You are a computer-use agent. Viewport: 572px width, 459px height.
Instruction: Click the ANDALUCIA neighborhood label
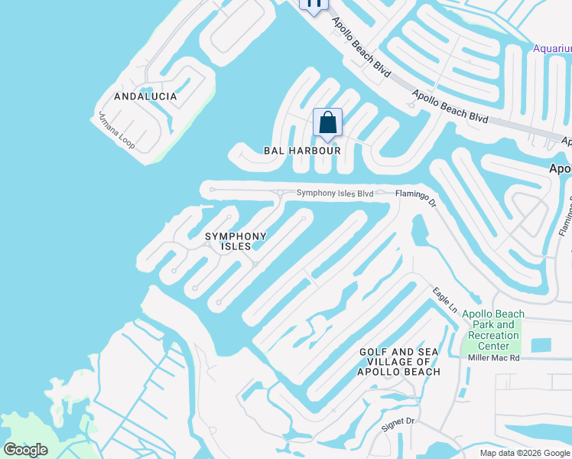[x=145, y=96]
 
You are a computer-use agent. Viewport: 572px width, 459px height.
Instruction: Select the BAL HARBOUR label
[x=302, y=151]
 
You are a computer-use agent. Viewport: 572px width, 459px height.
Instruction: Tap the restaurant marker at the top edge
[x=314, y=5]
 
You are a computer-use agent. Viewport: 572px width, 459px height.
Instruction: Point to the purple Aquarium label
[x=552, y=49]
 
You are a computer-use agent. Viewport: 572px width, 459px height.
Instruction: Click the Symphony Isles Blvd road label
[x=335, y=194]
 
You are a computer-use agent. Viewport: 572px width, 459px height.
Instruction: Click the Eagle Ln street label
[x=444, y=299]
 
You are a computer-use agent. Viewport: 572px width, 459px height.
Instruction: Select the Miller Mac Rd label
[x=494, y=357]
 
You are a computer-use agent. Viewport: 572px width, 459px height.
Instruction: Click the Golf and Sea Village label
[x=399, y=362]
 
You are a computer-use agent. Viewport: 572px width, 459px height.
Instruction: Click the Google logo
[x=25, y=450]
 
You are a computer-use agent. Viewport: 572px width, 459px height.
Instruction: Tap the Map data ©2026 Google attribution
[x=525, y=453]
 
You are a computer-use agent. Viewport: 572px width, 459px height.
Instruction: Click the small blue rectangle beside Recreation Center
[x=541, y=345]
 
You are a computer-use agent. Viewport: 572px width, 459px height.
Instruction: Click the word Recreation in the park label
[x=493, y=335]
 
